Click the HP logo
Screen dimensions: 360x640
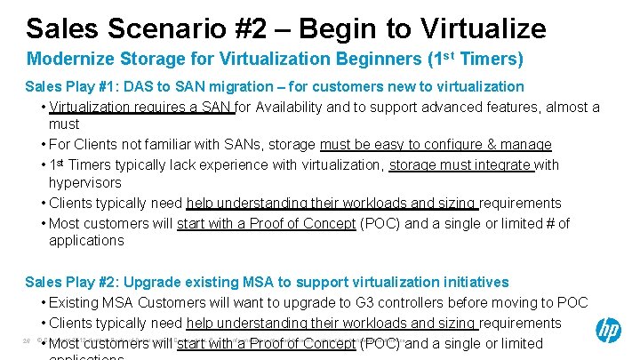(607, 332)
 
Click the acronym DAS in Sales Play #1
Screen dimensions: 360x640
(156, 86)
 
